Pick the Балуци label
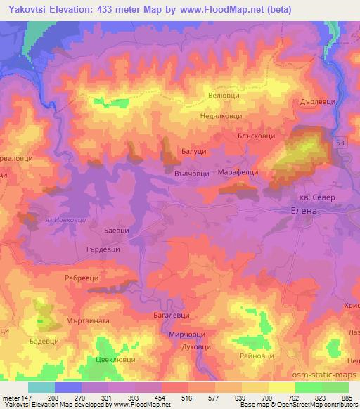click(x=193, y=151)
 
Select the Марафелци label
click(x=240, y=171)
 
